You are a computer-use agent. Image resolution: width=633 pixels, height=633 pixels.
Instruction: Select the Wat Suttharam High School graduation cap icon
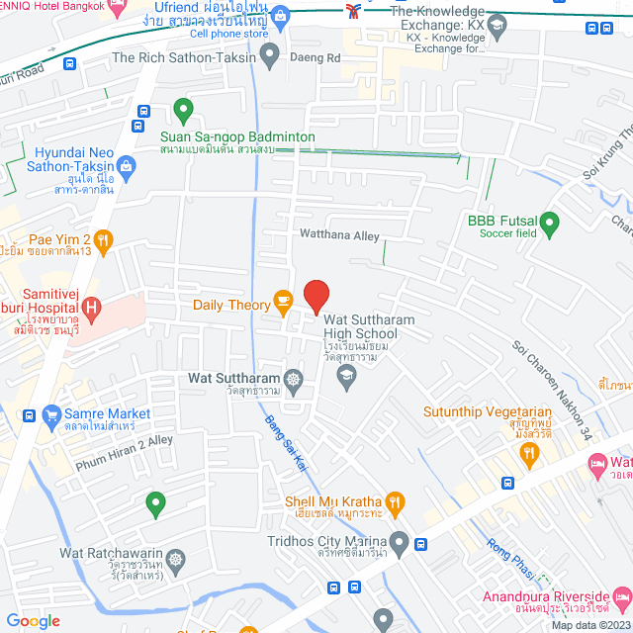(x=346, y=374)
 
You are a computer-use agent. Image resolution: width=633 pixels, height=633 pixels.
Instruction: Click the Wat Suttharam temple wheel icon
(x=294, y=379)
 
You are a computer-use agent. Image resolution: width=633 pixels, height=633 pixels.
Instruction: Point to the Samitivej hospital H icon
(x=92, y=308)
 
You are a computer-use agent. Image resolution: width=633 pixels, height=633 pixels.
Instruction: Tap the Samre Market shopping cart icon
(x=30, y=416)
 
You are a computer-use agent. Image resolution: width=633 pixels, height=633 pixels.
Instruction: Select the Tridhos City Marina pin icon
(x=399, y=541)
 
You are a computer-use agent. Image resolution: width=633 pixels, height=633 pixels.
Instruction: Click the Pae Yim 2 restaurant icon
(x=105, y=238)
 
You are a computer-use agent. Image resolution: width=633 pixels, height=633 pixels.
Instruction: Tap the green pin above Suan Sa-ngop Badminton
(x=183, y=110)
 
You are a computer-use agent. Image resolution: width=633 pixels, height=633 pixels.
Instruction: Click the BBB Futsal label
(x=502, y=221)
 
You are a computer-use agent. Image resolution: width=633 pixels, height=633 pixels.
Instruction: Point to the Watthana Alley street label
(x=339, y=235)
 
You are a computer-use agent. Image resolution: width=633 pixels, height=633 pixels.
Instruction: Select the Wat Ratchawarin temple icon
(x=176, y=560)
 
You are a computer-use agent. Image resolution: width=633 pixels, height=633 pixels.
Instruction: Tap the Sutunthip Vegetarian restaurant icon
(x=529, y=453)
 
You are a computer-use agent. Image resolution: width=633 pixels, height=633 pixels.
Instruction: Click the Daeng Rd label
(x=315, y=58)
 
